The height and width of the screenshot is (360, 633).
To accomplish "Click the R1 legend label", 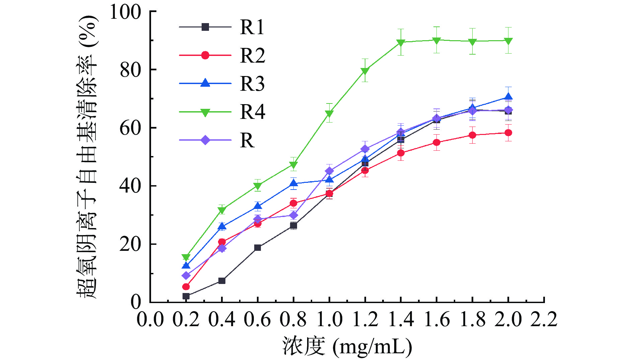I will click(x=252, y=27).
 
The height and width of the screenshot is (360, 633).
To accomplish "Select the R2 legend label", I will click(x=253, y=55).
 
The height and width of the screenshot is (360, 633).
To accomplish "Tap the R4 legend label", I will click(x=253, y=112).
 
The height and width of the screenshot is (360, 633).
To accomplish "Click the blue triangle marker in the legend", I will click(x=205, y=83).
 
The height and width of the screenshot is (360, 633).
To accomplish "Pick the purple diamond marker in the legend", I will click(x=205, y=140).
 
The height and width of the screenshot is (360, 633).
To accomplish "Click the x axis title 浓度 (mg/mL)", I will click(x=347, y=346).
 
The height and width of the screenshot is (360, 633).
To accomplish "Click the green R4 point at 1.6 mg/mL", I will click(x=436, y=40).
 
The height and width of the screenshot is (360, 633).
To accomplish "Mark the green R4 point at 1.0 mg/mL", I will click(x=329, y=114).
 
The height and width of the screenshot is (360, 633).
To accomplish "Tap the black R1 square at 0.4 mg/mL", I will click(x=222, y=281).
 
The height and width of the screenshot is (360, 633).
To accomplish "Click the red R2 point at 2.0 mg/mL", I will click(x=508, y=133).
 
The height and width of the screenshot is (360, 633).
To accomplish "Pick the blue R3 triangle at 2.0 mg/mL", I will click(x=508, y=97).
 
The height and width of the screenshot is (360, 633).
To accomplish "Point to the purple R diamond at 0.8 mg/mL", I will click(x=293, y=215).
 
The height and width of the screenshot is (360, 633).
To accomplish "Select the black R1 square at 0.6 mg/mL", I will click(x=258, y=248).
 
